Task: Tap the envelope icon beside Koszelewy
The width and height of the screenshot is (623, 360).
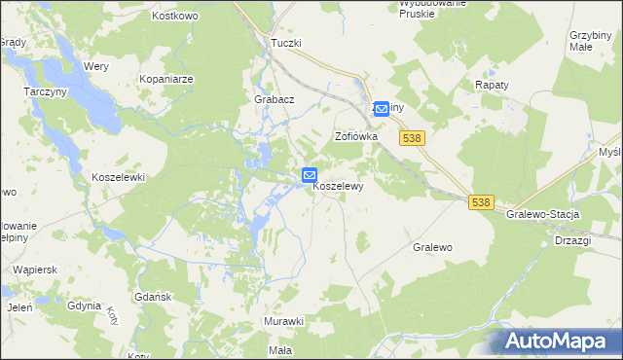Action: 309,176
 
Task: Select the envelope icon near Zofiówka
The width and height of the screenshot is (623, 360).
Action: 382,109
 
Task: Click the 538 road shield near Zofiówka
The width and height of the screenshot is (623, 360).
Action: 411,139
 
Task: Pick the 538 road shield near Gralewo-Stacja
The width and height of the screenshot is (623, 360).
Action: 481,202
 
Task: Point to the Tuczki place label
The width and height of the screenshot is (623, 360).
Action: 286,44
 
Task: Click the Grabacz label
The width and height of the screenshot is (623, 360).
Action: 274,99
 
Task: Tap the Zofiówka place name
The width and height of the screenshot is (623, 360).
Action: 355,136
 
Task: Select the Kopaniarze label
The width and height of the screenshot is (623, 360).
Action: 166,78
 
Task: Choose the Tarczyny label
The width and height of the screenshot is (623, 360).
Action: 44,91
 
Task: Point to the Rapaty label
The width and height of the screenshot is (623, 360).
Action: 493,85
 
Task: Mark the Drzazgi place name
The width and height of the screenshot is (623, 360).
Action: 574,239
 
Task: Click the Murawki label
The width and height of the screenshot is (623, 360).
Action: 284,321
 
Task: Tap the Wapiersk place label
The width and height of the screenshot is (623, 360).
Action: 32,268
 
